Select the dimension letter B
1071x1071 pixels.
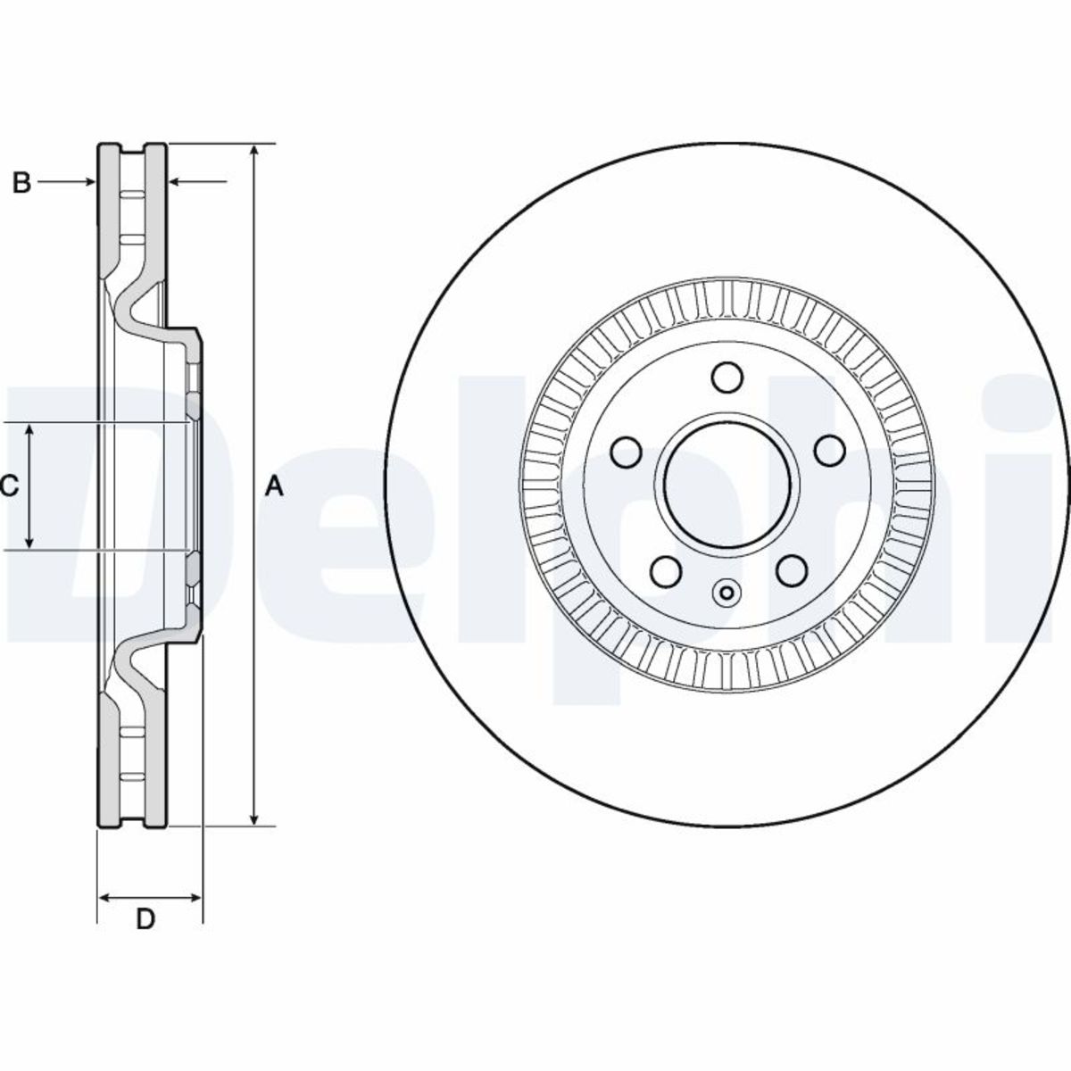tap(22, 183)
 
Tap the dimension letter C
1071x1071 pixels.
tap(8, 486)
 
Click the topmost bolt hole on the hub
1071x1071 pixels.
tap(728, 377)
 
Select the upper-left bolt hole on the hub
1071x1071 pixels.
tap(627, 451)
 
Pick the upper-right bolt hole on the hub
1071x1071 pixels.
tap(831, 451)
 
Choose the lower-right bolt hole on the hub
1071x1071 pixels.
tap(792, 571)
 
